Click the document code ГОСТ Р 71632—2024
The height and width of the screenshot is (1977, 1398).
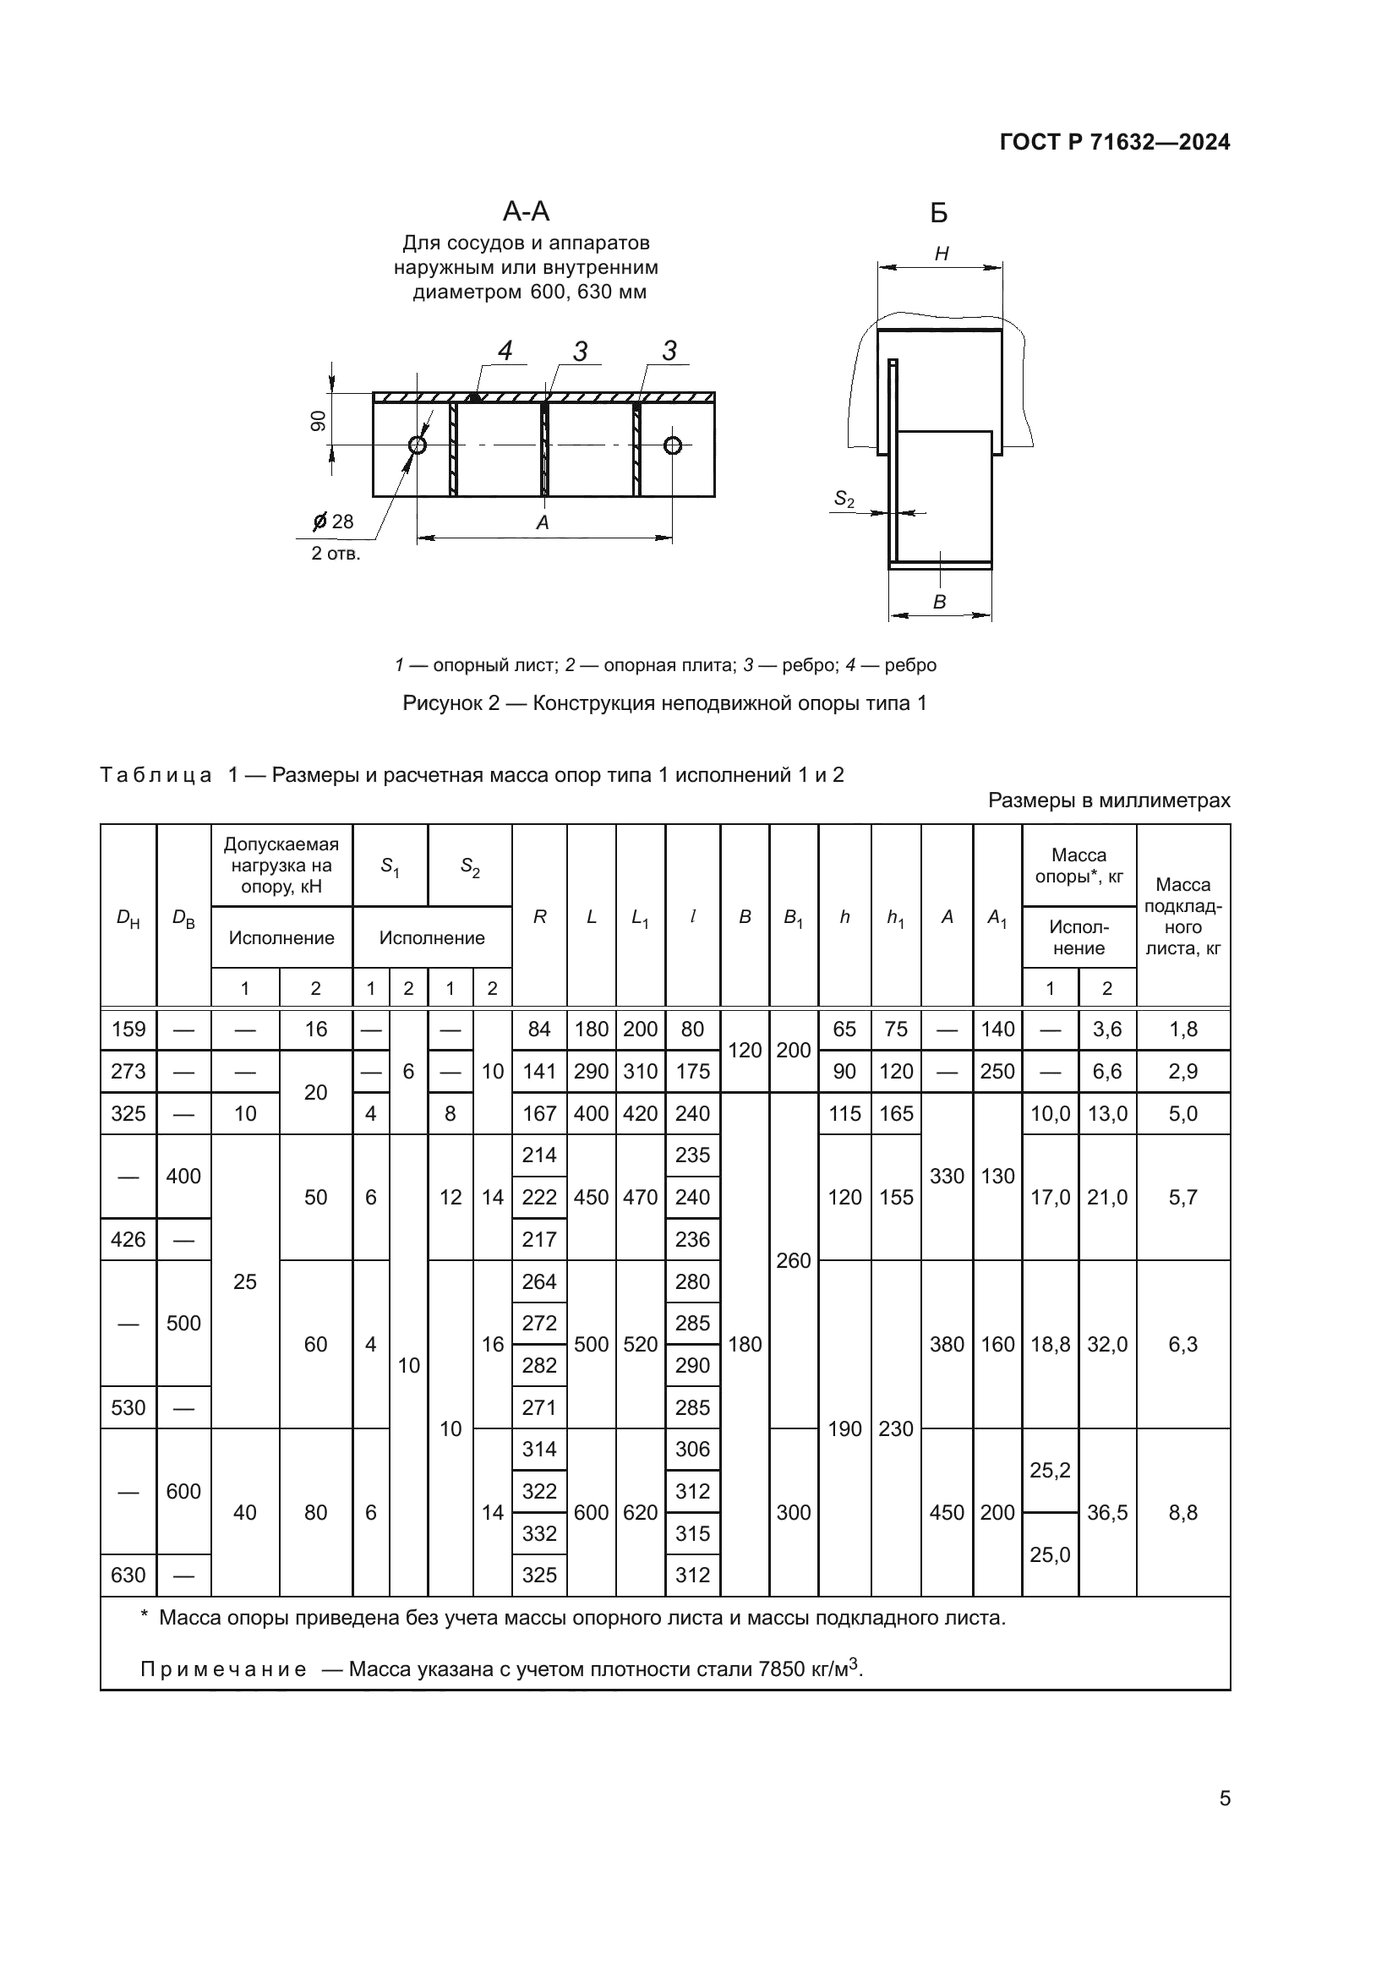pos(1114,143)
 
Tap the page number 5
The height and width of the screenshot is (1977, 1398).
pos(1224,1798)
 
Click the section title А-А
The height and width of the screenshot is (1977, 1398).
pos(526,212)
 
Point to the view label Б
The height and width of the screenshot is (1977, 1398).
pos(939,214)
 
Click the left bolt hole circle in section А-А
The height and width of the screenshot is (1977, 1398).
pos(418,445)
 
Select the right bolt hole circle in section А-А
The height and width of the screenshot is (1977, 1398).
pos(672,445)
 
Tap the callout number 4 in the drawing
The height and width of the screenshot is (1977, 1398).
pos(505,352)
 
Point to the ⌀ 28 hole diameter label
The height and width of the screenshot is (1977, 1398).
pos(333,522)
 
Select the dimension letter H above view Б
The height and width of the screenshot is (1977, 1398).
pos(941,254)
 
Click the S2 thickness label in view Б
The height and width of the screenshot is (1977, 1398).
pos(844,500)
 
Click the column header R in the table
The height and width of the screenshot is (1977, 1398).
pos(539,918)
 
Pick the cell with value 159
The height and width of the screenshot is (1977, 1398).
pos(128,1029)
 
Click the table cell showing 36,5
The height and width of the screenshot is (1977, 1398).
pos(1107,1513)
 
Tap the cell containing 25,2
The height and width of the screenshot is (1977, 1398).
pos(1050,1471)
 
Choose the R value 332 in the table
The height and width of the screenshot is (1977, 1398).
pos(539,1533)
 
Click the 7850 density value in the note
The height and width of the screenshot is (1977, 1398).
pos(780,1669)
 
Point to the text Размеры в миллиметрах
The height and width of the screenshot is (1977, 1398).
pos(1109,800)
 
